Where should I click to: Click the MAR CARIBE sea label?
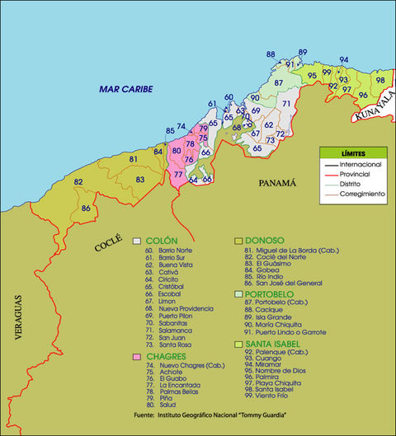(x=126, y=89)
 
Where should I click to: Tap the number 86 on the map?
(x=86, y=209)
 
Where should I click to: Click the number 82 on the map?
(x=78, y=181)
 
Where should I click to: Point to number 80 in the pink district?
(x=175, y=151)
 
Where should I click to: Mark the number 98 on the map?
(x=379, y=80)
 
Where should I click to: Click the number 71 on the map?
(x=285, y=104)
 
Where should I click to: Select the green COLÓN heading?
(x=161, y=240)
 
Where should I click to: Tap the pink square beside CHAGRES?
(x=137, y=356)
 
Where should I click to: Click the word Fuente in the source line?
(x=146, y=415)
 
